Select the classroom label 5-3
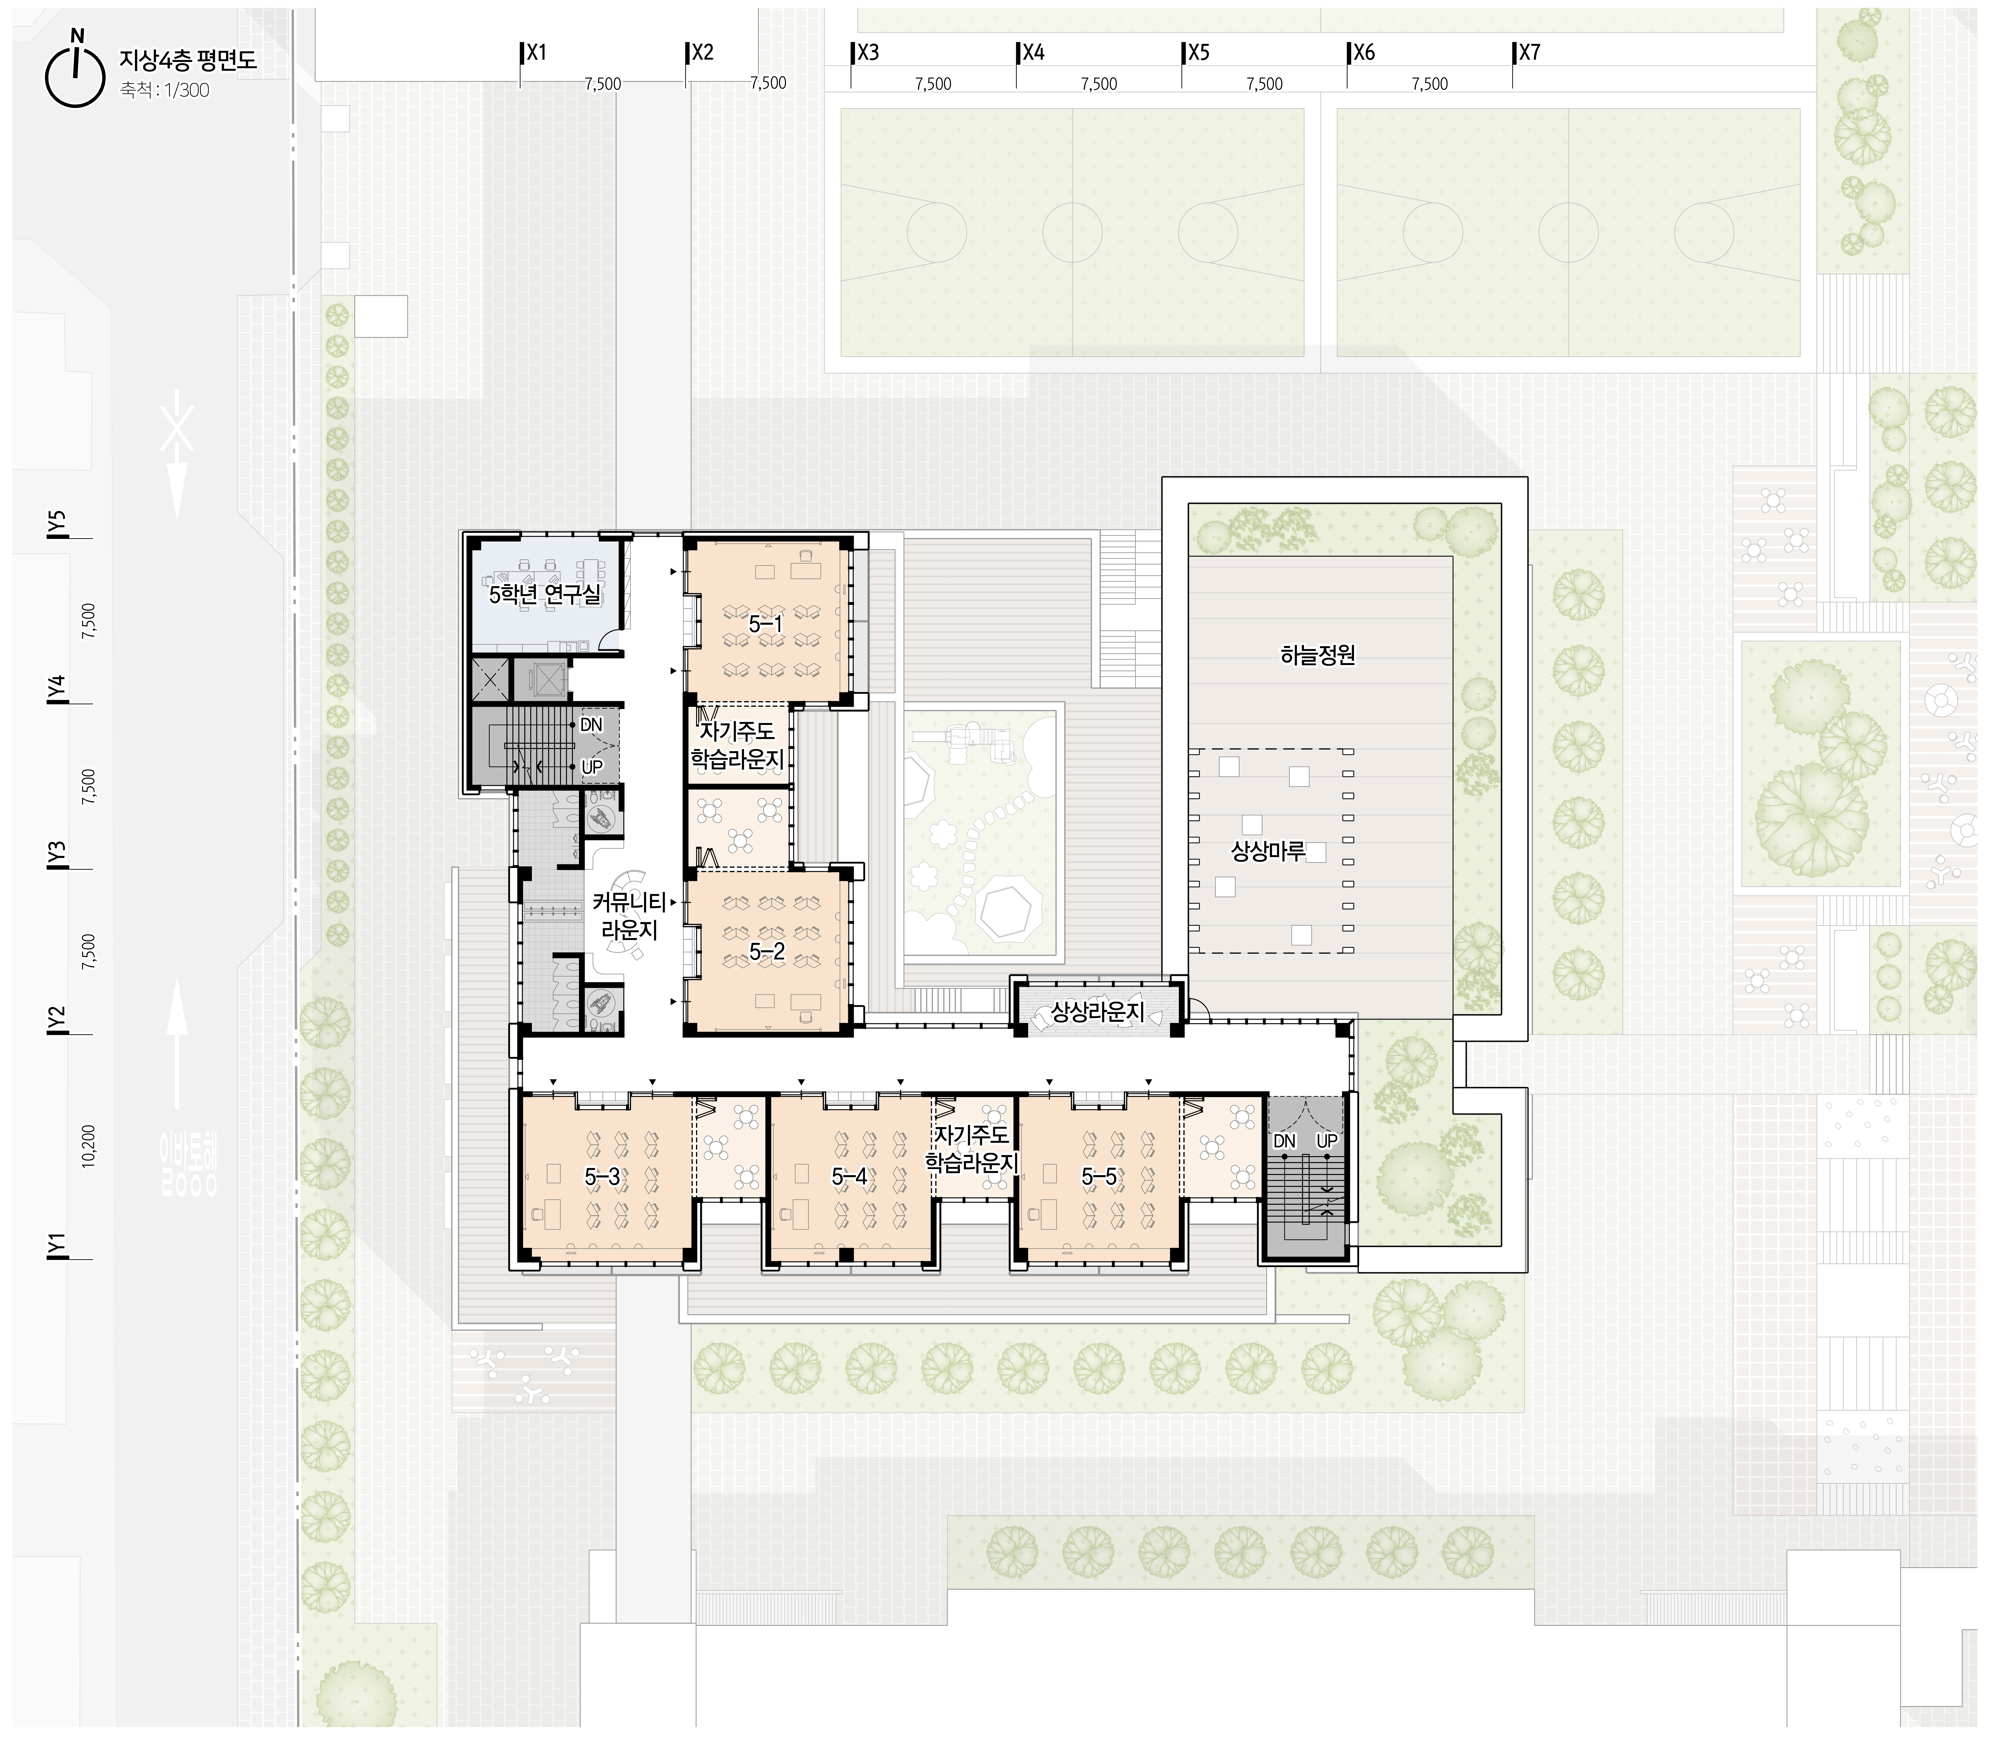[602, 1177]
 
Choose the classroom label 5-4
[849, 1177]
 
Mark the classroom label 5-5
[1099, 1177]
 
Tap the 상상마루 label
[1268, 851]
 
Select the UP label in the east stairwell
[1327, 1140]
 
